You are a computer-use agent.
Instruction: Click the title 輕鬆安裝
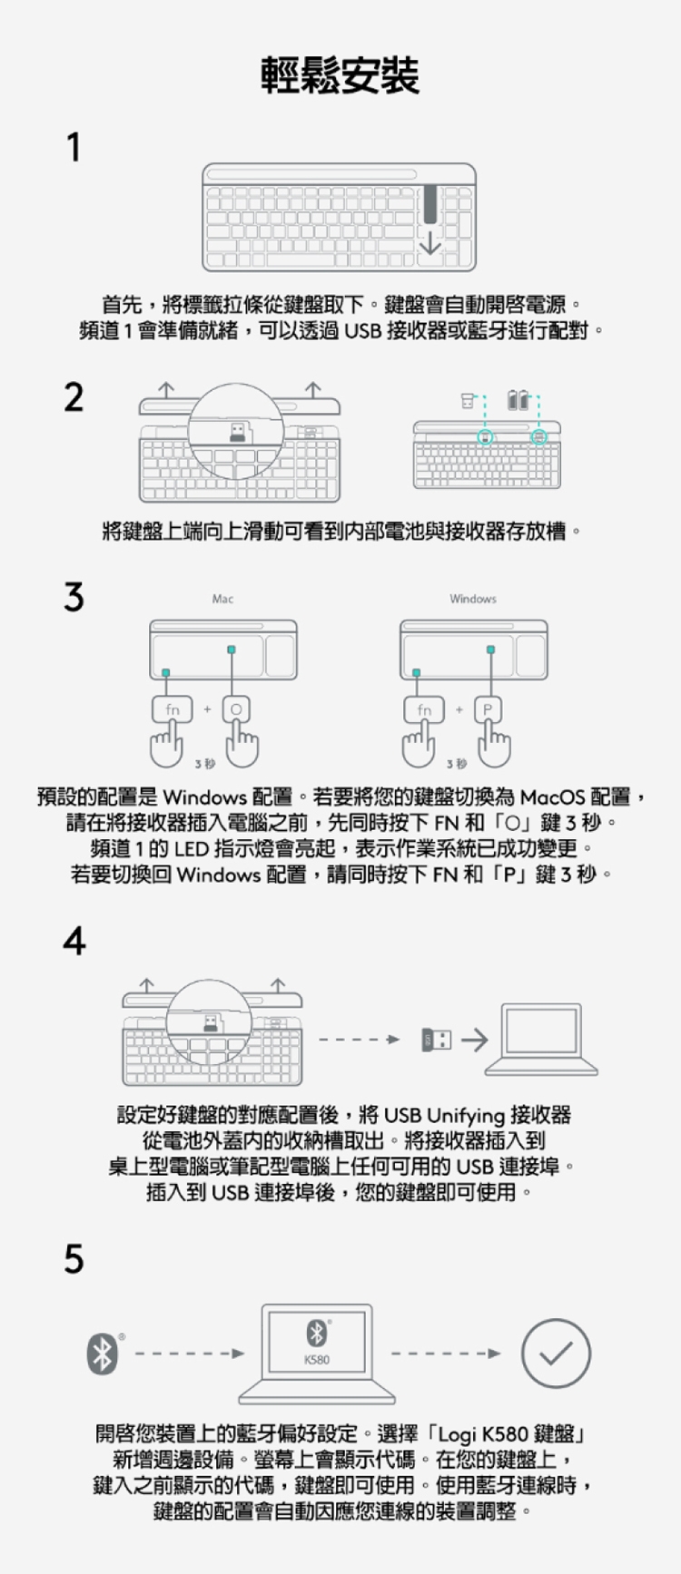pyautogui.click(x=340, y=75)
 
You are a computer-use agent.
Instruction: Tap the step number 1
pyautogui.click(x=74, y=147)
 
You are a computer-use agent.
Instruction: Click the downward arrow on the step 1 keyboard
pyautogui.click(x=429, y=243)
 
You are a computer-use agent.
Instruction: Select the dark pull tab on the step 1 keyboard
pyautogui.click(x=429, y=204)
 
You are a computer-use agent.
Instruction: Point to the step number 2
pyautogui.click(x=74, y=397)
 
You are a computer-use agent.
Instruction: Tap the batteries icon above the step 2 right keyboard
pyautogui.click(x=518, y=400)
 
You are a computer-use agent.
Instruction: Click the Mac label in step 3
pyautogui.click(x=222, y=599)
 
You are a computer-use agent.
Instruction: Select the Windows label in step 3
pyautogui.click(x=473, y=599)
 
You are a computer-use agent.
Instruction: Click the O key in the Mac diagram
pyautogui.click(x=236, y=709)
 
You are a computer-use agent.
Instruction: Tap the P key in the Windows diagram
pyautogui.click(x=488, y=709)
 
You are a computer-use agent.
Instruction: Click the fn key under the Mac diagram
pyautogui.click(x=173, y=709)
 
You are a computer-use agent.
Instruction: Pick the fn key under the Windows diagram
pyautogui.click(x=424, y=709)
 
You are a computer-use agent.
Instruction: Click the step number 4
pyautogui.click(x=74, y=941)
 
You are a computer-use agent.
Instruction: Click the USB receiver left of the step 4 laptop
pyautogui.click(x=436, y=1040)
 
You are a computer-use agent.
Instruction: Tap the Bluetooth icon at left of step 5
pyautogui.click(x=103, y=1354)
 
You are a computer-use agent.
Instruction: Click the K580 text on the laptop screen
pyautogui.click(x=316, y=1360)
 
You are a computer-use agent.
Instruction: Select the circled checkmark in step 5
pyautogui.click(x=556, y=1354)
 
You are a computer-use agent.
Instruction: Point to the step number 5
pyautogui.click(x=74, y=1259)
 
